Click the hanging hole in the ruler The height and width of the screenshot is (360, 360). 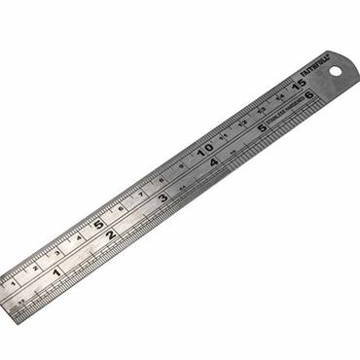tap(337, 71)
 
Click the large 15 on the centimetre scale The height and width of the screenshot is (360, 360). tap(299, 85)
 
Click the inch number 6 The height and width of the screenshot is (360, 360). tap(307, 95)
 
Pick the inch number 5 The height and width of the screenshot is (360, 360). tap(262, 127)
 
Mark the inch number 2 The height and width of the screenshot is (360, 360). tap(111, 234)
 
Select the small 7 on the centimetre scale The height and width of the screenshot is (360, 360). tap(142, 195)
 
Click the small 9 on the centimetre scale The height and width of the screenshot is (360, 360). tap(182, 166)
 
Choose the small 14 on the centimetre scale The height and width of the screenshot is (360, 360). tap(280, 98)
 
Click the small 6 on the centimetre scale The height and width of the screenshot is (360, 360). tap(121, 209)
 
